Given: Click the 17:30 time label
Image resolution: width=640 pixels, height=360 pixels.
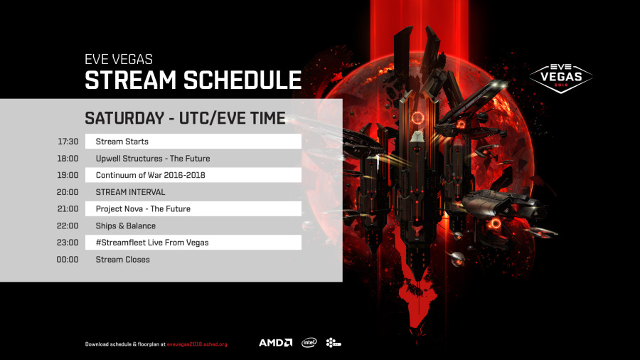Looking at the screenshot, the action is click(68, 142).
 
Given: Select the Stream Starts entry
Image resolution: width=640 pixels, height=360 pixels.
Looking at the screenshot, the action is click(122, 142).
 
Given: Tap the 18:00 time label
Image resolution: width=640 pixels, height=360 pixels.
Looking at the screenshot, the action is click(68, 159).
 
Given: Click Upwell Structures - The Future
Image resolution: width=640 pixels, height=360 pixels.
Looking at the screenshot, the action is click(153, 159).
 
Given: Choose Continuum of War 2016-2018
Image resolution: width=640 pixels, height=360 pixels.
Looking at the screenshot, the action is click(150, 175).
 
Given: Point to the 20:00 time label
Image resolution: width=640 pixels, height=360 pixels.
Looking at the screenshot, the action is click(68, 192).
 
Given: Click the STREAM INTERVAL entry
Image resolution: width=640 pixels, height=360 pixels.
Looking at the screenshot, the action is click(130, 192).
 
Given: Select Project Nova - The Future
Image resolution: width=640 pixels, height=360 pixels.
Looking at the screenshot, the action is click(143, 208).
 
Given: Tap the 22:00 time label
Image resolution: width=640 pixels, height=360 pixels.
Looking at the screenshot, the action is click(68, 226).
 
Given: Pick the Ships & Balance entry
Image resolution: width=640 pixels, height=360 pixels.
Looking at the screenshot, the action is click(125, 226).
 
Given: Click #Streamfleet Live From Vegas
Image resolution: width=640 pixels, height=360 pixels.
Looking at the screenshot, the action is click(152, 243).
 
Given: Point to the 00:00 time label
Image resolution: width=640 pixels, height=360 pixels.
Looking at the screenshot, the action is click(68, 259).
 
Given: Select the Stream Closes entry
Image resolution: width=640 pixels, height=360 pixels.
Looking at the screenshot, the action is click(122, 259).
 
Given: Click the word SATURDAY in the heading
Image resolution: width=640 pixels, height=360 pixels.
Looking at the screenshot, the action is click(124, 118).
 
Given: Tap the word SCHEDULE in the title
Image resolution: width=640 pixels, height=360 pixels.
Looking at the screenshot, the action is click(242, 80).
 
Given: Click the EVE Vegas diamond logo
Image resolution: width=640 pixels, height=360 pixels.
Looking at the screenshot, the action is click(561, 78).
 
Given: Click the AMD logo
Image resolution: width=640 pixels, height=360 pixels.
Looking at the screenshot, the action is click(275, 342).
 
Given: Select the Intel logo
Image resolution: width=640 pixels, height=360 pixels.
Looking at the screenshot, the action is click(309, 342).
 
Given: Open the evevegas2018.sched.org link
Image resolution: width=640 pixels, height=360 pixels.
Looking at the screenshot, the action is click(197, 344).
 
